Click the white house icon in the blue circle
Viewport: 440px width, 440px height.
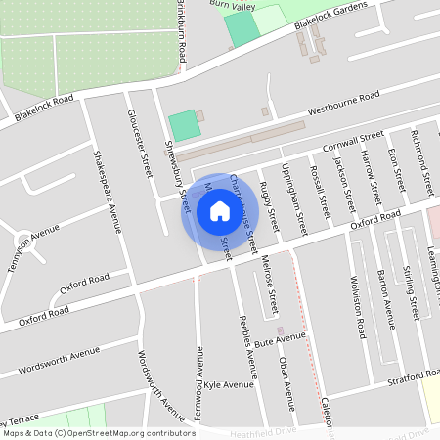[x=219, y=210]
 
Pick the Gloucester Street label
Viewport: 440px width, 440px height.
[x=141, y=144]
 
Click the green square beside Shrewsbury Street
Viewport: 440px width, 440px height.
[x=183, y=125]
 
